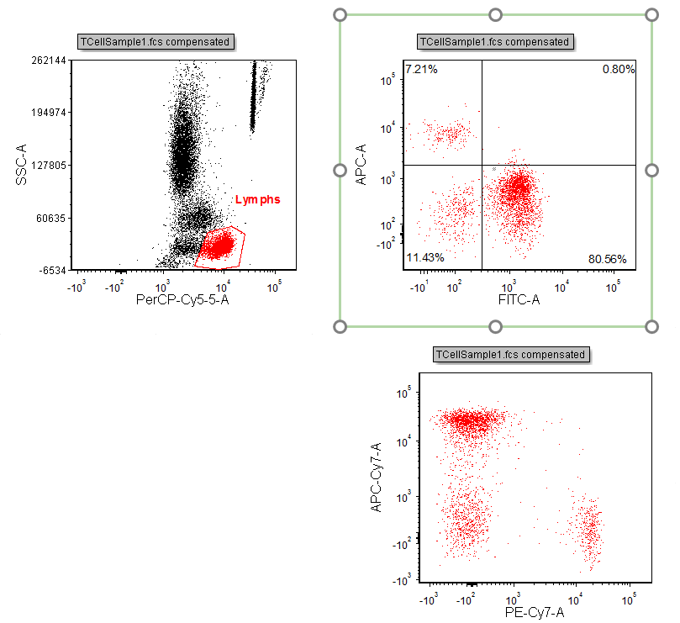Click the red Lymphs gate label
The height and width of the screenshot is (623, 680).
tap(257, 199)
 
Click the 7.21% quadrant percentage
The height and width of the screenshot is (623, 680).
tap(421, 69)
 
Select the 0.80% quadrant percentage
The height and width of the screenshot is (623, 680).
tap(619, 69)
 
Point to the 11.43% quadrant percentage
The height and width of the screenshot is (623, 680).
tap(424, 256)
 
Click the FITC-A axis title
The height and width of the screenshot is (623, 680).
tap(514, 298)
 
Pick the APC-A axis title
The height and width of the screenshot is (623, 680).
tap(361, 164)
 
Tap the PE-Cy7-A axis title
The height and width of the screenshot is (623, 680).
tap(535, 611)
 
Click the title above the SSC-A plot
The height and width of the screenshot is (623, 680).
tap(155, 42)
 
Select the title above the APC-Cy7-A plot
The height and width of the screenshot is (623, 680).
tap(511, 355)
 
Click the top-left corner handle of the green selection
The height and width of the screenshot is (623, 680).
tap(340, 14)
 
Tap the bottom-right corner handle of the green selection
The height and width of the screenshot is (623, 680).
tap(652, 325)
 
